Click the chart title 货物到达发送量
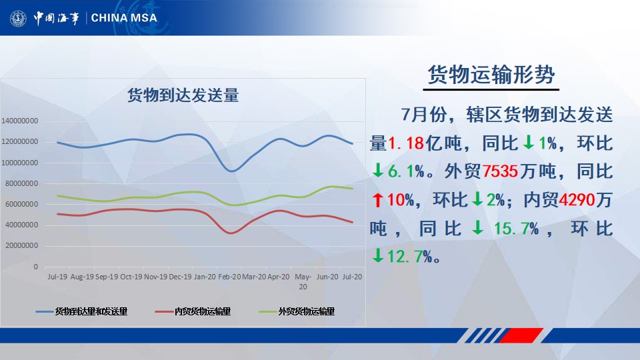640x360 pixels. (x=183, y=95)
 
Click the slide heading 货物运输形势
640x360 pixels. (x=491, y=75)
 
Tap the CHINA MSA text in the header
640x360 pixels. (x=124, y=17)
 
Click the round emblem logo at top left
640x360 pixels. (x=18, y=18)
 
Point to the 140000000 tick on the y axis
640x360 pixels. (x=19, y=121)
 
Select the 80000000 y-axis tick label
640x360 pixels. (x=21, y=183)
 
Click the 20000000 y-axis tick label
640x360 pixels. (x=21, y=246)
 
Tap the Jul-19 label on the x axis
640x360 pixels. (x=57, y=276)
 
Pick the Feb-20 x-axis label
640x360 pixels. (x=231, y=276)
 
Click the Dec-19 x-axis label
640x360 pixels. (x=181, y=276)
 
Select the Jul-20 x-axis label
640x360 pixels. (x=351, y=276)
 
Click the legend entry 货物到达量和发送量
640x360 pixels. (x=91, y=311)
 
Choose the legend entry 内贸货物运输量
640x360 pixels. (x=203, y=311)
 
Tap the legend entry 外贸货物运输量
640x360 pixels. (x=306, y=311)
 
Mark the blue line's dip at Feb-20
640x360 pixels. (x=231, y=171)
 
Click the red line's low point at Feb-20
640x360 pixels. (x=231, y=233)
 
